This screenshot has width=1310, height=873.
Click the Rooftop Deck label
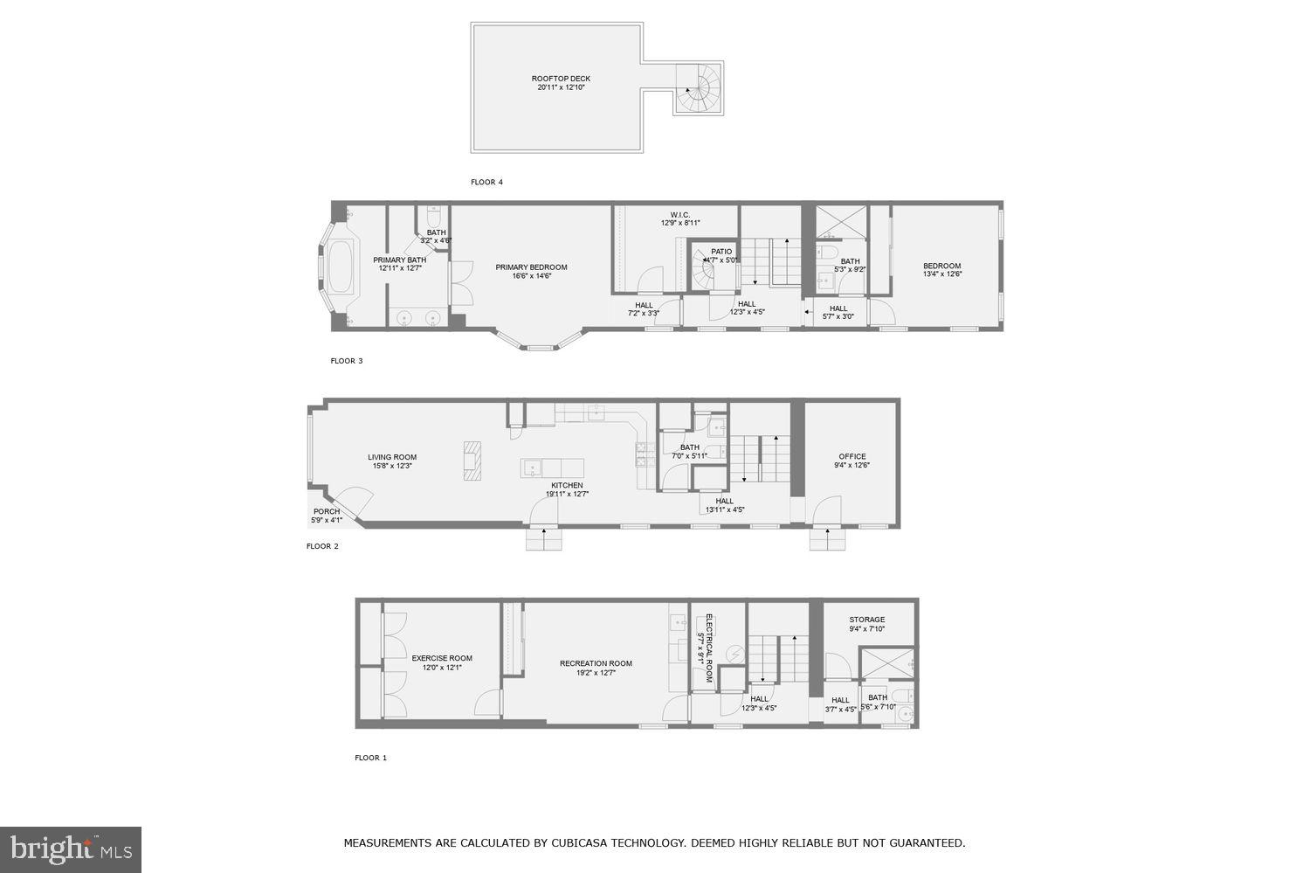click(561, 83)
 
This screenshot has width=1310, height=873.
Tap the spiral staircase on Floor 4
click(698, 88)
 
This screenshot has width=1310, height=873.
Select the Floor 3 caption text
click(346, 361)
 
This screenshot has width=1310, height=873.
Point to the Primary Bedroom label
click(531, 272)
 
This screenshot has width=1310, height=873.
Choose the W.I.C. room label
click(680, 218)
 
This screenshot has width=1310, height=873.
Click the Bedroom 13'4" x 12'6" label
click(941, 270)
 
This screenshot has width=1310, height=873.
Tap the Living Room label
click(391, 461)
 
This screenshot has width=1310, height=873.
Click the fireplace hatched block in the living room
click(471, 461)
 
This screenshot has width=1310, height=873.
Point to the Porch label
click(327, 516)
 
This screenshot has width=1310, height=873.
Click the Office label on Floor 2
click(851, 461)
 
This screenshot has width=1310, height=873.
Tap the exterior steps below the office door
click(827, 540)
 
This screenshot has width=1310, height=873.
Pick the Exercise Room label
click(442, 662)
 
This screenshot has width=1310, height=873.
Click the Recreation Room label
click(596, 668)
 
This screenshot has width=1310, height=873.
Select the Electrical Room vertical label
click(708, 648)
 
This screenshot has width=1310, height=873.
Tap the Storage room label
click(866, 624)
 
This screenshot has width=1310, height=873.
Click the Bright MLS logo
click(71, 849)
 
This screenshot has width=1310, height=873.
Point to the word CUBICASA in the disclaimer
click(585, 843)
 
